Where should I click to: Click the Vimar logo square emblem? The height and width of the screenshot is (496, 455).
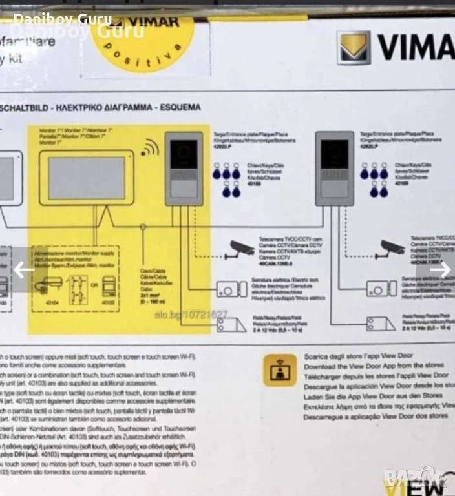[355, 48]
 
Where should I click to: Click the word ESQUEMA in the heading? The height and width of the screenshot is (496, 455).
[179, 107]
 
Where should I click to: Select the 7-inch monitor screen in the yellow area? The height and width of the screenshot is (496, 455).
[86, 178]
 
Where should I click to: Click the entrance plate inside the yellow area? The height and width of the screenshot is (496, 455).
[184, 169]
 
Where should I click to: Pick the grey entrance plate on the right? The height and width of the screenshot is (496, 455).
[335, 169]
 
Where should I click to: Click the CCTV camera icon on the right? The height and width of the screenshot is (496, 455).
[392, 247]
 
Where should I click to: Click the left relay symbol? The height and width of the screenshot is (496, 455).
[231, 324]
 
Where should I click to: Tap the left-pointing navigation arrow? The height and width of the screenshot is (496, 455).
[24, 269]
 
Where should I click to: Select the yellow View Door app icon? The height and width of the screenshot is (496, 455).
[280, 370]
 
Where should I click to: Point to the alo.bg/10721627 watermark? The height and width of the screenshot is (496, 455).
[191, 315]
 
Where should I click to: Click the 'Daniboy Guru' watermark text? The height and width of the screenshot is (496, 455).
[63, 19]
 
